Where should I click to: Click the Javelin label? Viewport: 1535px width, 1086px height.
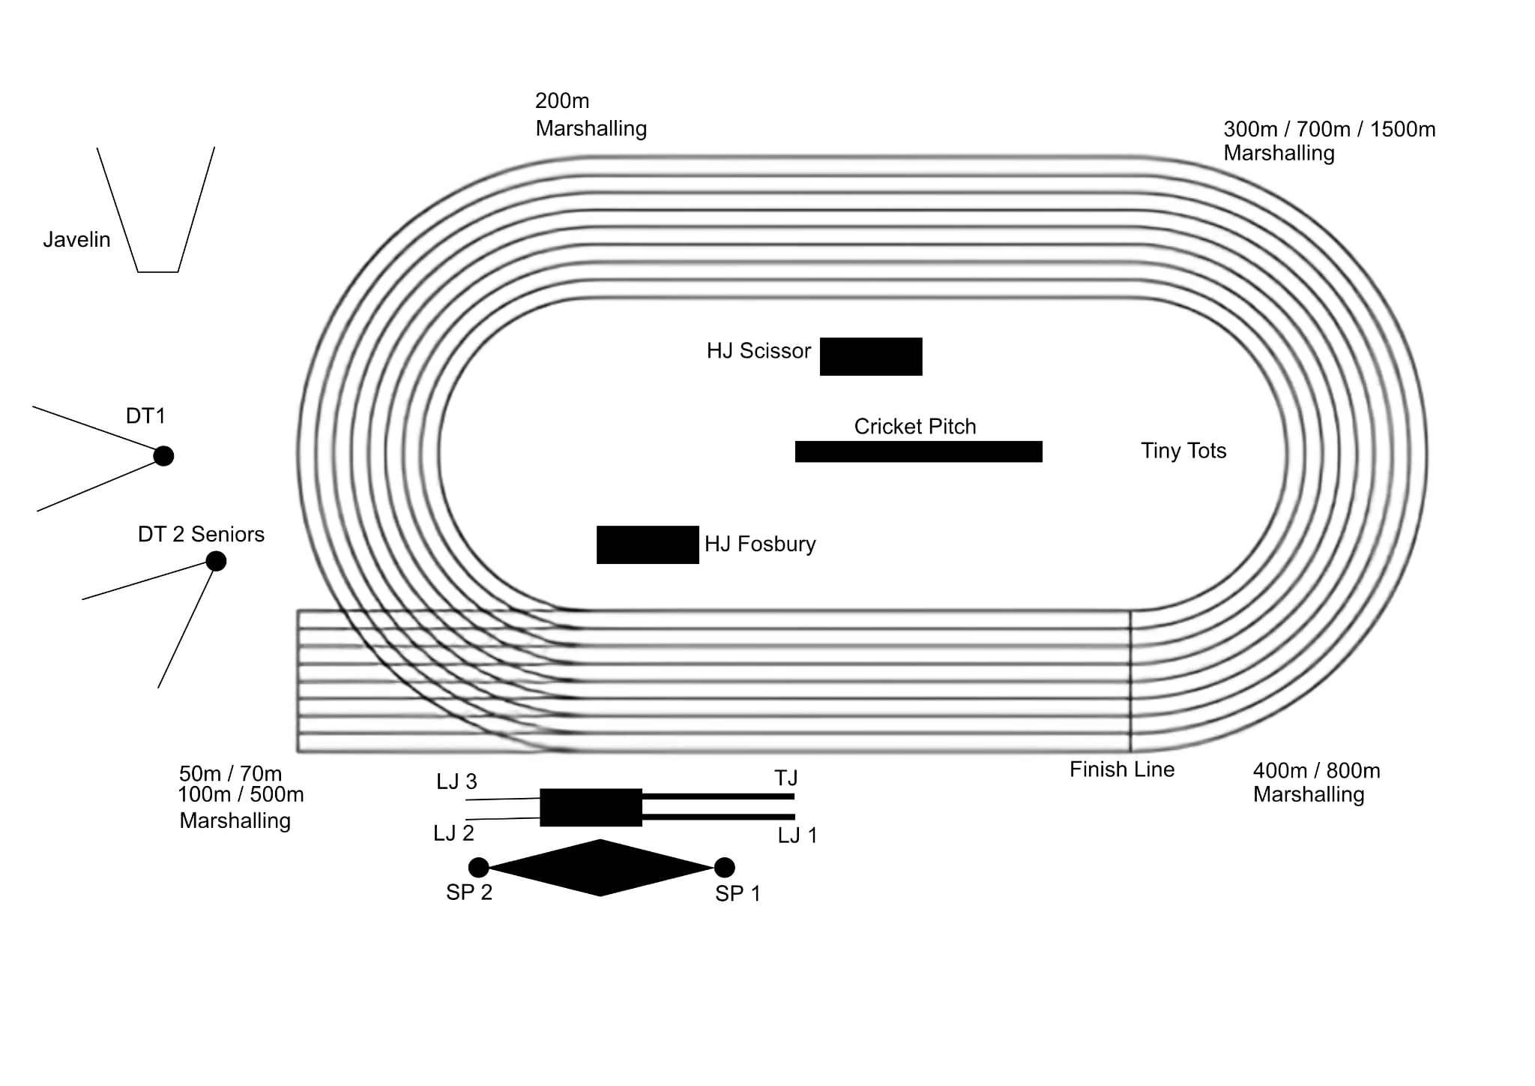click(x=76, y=240)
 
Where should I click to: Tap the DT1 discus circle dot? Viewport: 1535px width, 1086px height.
click(x=163, y=455)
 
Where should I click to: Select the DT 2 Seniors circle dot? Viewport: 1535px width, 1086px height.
click(x=216, y=561)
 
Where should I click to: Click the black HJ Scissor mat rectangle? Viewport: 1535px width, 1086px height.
click(x=871, y=356)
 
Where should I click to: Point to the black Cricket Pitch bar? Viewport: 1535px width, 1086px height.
click(x=918, y=451)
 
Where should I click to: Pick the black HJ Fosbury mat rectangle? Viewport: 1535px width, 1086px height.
click(x=648, y=544)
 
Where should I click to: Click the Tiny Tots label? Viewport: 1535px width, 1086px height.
click(x=1183, y=451)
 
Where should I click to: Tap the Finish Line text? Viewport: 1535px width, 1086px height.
click(x=1121, y=769)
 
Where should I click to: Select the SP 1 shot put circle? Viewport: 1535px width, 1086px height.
click(x=724, y=868)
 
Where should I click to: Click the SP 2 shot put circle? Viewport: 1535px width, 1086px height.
click(x=478, y=868)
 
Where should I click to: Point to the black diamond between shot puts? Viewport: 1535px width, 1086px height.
click(x=600, y=868)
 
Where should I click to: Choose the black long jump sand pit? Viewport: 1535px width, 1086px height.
click(x=591, y=807)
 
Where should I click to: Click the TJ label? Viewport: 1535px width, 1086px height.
click(x=786, y=778)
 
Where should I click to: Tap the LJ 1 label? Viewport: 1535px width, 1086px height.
click(x=797, y=835)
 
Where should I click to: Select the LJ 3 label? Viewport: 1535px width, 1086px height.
click(x=456, y=781)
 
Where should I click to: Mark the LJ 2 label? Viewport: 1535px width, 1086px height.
click(x=453, y=833)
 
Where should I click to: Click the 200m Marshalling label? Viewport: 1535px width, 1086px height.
click(x=591, y=115)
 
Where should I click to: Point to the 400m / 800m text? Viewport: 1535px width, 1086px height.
click(x=1316, y=771)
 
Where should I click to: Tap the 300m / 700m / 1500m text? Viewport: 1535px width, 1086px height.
click(x=1329, y=129)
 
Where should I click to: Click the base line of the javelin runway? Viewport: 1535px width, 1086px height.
click(x=158, y=271)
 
